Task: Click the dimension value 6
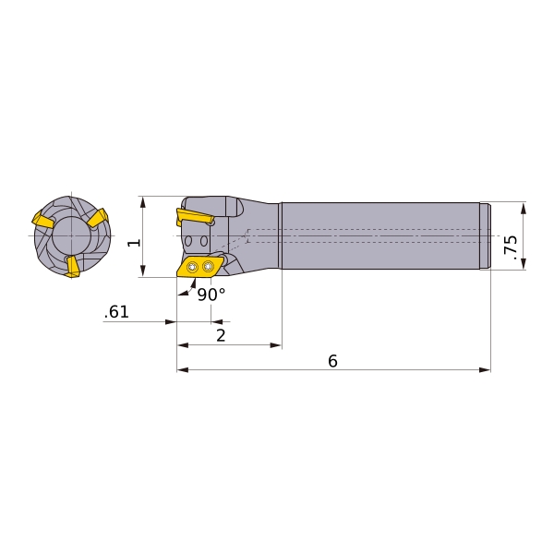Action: [x=332, y=361]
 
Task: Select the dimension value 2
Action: [x=221, y=335]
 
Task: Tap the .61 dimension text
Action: [x=116, y=312]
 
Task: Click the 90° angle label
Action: [x=211, y=295]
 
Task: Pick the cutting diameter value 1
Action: [x=134, y=242]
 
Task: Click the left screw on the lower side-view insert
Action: [x=192, y=268]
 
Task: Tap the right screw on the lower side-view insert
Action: [x=208, y=266]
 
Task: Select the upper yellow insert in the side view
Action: [x=195, y=217]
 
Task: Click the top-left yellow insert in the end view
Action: [x=42, y=221]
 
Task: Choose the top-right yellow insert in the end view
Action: [x=98, y=218]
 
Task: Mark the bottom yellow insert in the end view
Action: [x=73, y=266]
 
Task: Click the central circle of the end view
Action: [x=71, y=236]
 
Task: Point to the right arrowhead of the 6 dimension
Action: [x=485, y=369]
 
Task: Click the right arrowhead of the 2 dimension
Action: [x=276, y=345]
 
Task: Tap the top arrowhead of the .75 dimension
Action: [x=524, y=208]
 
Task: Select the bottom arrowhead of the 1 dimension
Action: [x=142, y=271]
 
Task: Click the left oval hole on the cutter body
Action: [x=188, y=241]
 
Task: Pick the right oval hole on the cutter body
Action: [x=204, y=241]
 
